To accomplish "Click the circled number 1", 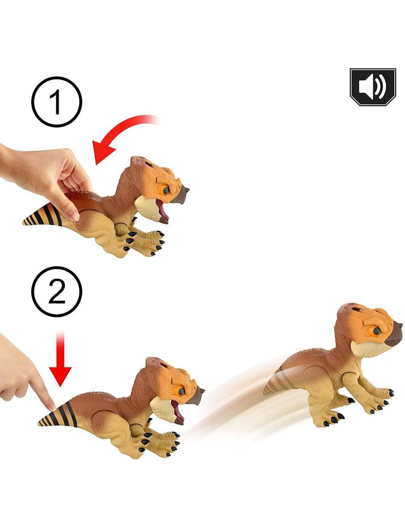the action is pos(57,102).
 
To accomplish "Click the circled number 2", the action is pos(57,291).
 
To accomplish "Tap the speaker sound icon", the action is pos(373,87).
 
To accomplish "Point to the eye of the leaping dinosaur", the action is pos(376,330).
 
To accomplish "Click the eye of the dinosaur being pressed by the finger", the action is pos(180,391).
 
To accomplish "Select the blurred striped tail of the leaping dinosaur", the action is pos(277,380).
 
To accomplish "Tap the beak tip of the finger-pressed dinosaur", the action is pos(203,390).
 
